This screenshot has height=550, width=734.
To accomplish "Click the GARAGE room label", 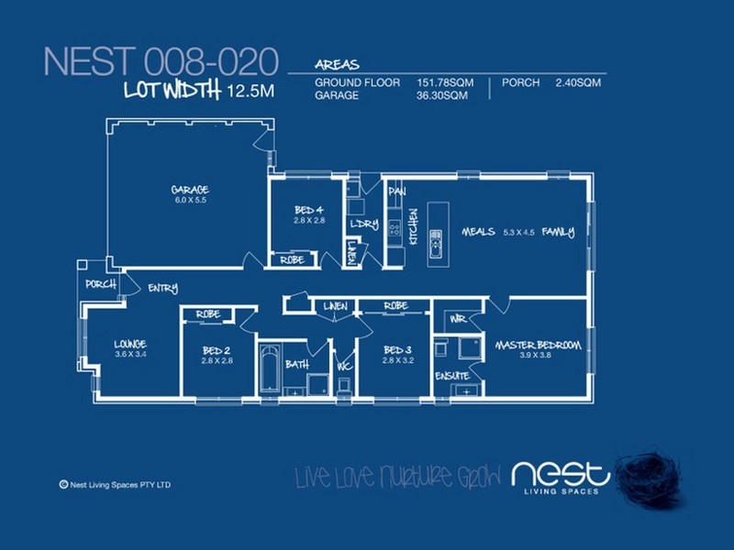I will pyautogui.click(x=190, y=190).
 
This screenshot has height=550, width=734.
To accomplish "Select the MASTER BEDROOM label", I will pyautogui.click(x=538, y=345).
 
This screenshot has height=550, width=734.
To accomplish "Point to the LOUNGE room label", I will pyautogui.click(x=130, y=344).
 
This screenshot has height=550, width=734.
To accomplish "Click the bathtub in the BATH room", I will pyautogui.click(x=269, y=369).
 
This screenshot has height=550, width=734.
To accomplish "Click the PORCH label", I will pyautogui.click(x=100, y=284).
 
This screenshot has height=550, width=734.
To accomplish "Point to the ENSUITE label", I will pyautogui.click(x=452, y=376).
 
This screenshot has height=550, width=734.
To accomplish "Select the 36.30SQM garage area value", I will pyautogui.click(x=445, y=94).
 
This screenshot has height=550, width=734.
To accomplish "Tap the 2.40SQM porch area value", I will pyautogui.click(x=577, y=82).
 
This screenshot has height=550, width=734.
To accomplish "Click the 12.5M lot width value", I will pyautogui.click(x=252, y=90).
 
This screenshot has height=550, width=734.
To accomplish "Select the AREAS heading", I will pyautogui.click(x=337, y=66).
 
